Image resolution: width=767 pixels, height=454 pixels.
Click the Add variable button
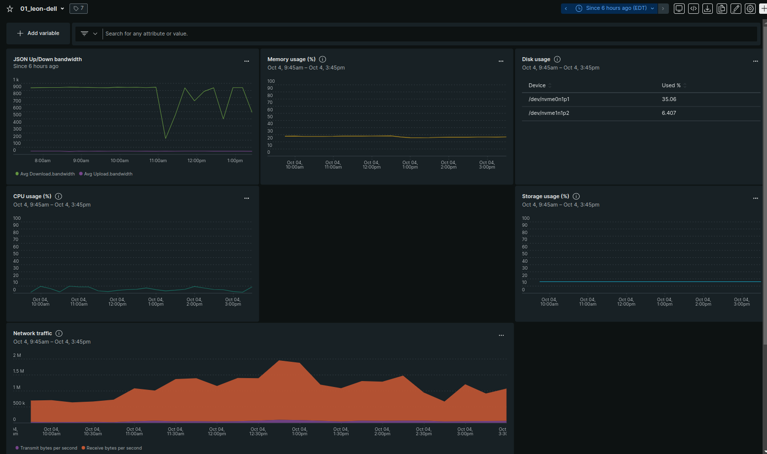(38, 34)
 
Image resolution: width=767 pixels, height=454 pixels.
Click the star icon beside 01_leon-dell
(10, 9)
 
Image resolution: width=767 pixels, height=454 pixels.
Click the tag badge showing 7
(79, 8)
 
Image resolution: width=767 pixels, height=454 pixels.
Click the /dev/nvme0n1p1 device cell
(549, 99)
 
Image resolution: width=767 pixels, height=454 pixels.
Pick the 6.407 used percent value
(668, 113)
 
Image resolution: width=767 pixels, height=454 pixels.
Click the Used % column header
(671, 85)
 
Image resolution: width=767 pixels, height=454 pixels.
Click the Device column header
(537, 85)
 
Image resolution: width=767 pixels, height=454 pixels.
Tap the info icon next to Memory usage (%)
(322, 59)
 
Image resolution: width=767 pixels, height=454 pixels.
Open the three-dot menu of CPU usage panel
(246, 198)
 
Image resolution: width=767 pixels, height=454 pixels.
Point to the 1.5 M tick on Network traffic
(18, 371)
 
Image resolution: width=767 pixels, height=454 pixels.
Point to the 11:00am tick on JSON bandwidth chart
(158, 161)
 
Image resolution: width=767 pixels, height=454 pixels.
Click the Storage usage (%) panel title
(545, 196)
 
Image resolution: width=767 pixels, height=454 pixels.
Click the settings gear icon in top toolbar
(750, 8)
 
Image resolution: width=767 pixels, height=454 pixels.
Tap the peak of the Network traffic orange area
(279, 361)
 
